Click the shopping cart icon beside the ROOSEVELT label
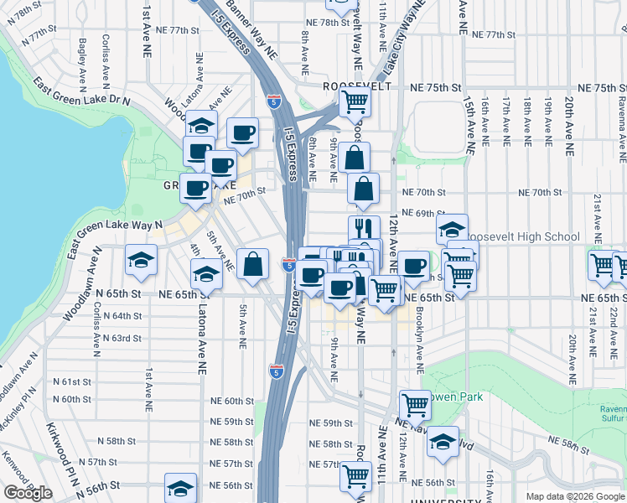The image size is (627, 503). [355, 102]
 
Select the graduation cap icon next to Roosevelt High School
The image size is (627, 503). [452, 229]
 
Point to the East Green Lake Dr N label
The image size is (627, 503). [81, 93]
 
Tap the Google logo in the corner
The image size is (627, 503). [28, 493]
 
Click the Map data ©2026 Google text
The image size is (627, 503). [575, 496]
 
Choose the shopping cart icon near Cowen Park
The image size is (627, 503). [415, 405]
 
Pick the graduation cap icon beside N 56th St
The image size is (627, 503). [180, 488]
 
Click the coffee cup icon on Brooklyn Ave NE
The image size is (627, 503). [412, 265]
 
